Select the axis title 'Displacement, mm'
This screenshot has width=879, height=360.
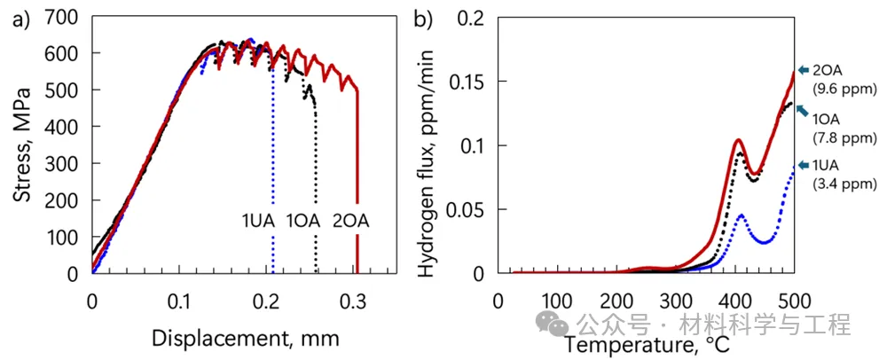(245, 338)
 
